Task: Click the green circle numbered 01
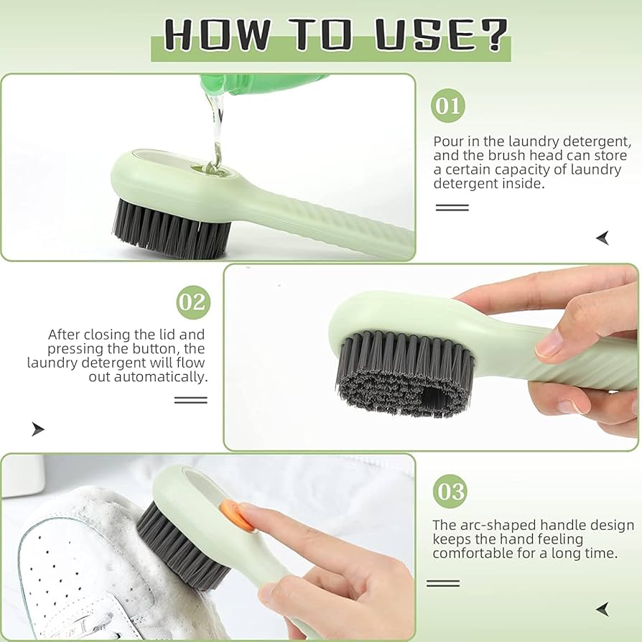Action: click(x=448, y=106)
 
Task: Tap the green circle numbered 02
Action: click(x=192, y=302)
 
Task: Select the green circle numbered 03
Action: click(x=450, y=492)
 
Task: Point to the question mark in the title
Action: click(x=493, y=34)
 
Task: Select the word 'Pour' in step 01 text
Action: click(x=449, y=141)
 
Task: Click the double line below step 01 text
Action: click(x=452, y=208)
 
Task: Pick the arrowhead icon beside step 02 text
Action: click(x=37, y=429)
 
